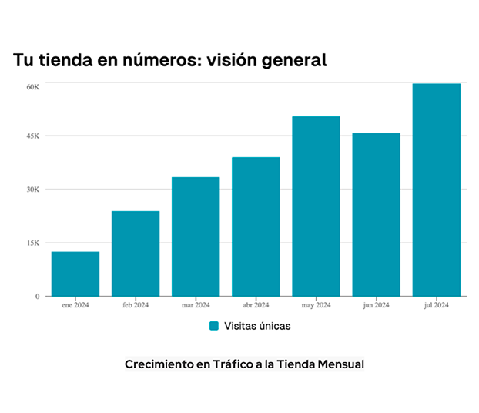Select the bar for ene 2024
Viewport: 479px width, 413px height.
(75, 274)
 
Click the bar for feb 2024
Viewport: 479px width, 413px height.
(136, 254)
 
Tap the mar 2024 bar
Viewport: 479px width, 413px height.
(196, 237)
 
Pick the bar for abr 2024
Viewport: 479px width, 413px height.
(256, 227)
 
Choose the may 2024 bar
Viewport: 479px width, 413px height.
(316, 206)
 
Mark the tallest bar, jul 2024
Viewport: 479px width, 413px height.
(437, 190)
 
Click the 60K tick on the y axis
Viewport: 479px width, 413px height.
(32, 86)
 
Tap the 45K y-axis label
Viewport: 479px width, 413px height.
(32, 136)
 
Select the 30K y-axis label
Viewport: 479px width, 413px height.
(32, 190)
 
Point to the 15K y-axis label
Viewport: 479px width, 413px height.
(32, 243)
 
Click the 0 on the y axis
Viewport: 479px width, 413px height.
(37, 296)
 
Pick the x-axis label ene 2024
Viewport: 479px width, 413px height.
(75, 305)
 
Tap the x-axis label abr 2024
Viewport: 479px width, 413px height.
(256, 305)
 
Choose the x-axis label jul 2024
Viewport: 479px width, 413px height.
(437, 305)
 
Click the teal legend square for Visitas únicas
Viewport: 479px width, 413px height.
(214, 326)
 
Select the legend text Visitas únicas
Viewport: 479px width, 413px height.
(256, 326)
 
